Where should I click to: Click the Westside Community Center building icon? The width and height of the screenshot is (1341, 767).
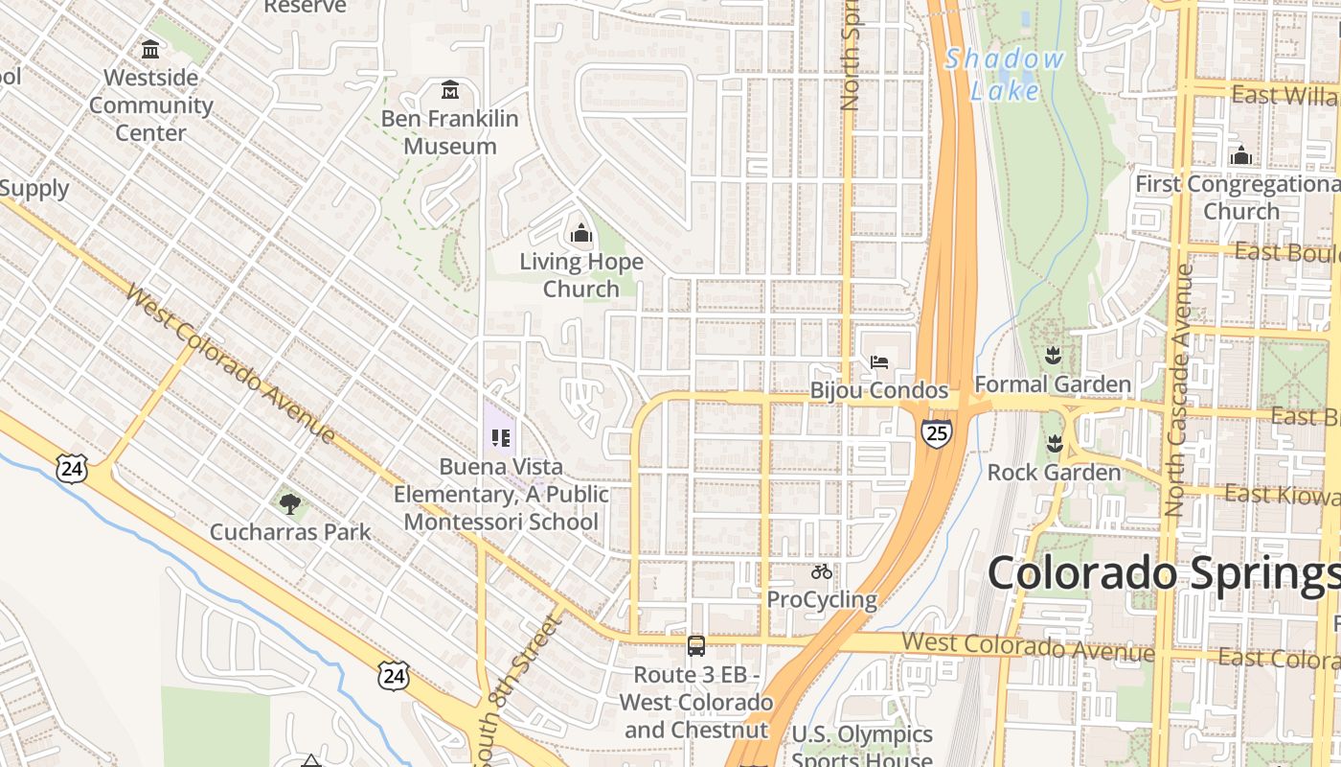[150, 49]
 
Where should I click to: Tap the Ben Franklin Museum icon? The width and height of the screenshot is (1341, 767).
[450, 90]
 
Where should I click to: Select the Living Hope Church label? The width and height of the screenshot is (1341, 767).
[581, 275]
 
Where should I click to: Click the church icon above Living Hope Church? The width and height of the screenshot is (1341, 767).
[580, 232]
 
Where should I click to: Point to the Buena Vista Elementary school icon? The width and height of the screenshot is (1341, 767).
[500, 438]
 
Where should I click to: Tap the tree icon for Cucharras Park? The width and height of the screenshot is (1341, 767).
[290, 503]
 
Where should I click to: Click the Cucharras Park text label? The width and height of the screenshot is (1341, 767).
[290, 532]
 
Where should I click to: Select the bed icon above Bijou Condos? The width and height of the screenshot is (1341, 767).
[879, 361]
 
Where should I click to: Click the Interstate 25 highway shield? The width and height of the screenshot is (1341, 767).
[937, 433]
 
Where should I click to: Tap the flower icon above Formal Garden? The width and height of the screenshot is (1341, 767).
[1053, 356]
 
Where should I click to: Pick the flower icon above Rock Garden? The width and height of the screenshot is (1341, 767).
[1054, 444]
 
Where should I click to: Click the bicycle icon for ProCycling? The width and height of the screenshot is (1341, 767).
[822, 571]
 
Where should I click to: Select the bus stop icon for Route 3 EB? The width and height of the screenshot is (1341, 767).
[696, 645]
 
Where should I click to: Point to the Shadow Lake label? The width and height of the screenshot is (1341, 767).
[1005, 75]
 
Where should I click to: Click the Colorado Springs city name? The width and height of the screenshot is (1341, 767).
[1163, 573]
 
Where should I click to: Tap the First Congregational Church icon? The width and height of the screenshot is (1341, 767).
[1240, 154]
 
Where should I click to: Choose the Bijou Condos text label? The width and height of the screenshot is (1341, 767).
[879, 391]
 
